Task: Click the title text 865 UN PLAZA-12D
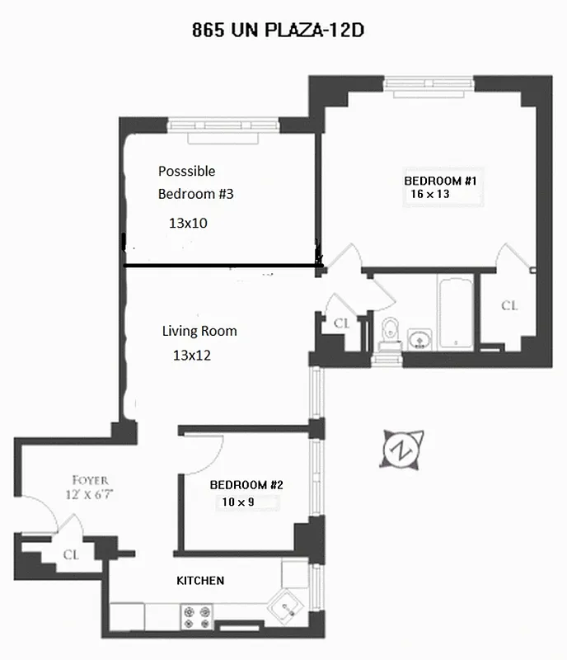tap(278, 31)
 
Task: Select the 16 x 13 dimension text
tap(429, 195)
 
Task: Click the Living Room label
tap(199, 331)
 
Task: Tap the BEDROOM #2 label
tap(246, 485)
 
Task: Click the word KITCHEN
tap(200, 581)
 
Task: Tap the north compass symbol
tap(401, 450)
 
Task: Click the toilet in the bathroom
tap(390, 329)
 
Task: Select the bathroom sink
tap(419, 337)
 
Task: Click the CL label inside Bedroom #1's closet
tap(510, 306)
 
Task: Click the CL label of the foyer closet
tap(71, 554)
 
